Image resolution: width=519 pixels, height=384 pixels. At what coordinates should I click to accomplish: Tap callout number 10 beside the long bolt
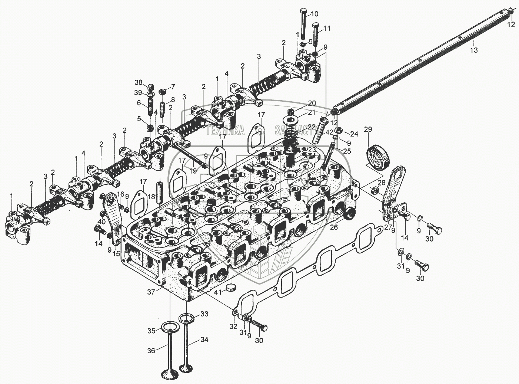[314, 14]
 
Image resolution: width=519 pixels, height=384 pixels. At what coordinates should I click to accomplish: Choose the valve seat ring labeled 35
[170, 328]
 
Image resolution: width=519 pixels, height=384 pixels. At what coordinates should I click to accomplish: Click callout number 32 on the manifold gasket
[233, 326]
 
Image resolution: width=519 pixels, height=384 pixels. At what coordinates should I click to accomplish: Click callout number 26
[334, 227]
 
